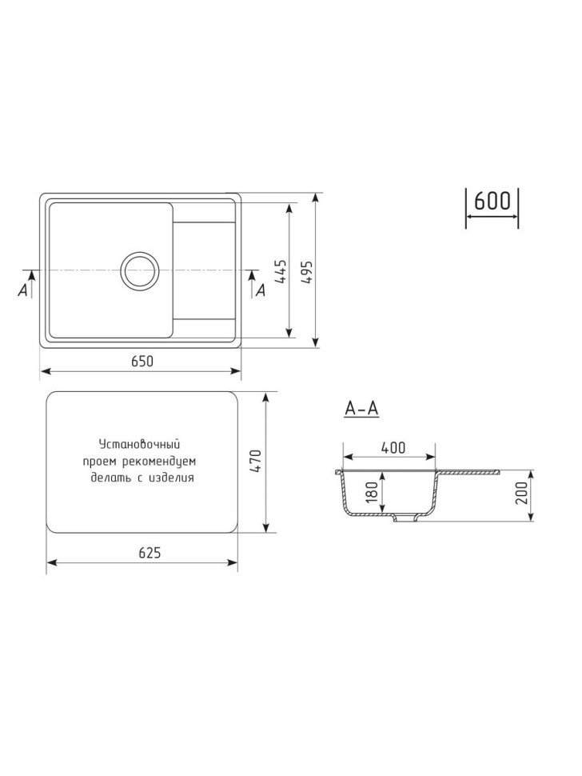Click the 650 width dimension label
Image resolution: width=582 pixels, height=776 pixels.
click(x=142, y=362)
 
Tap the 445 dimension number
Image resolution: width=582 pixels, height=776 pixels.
click(x=279, y=272)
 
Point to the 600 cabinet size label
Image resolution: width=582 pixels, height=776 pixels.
click(x=492, y=202)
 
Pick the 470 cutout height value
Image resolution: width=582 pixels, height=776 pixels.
click(x=256, y=462)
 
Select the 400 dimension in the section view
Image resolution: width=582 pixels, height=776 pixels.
click(x=393, y=447)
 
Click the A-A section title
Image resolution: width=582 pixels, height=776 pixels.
click(x=361, y=409)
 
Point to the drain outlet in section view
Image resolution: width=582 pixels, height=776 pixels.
click(x=408, y=521)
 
